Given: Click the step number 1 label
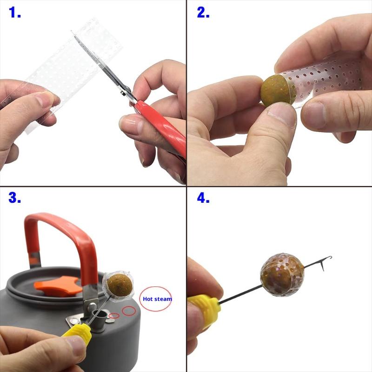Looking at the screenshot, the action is tap(15, 13).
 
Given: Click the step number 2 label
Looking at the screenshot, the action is tap(203, 13).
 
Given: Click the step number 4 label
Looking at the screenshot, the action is tap(203, 198).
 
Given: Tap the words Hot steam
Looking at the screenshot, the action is tap(157, 299).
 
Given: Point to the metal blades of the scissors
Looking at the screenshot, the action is tap(102, 66).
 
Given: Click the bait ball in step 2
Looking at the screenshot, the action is tap(276, 90).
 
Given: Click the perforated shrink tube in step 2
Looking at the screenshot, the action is tap(327, 78).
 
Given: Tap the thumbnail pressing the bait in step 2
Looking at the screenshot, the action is tap(282, 113).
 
